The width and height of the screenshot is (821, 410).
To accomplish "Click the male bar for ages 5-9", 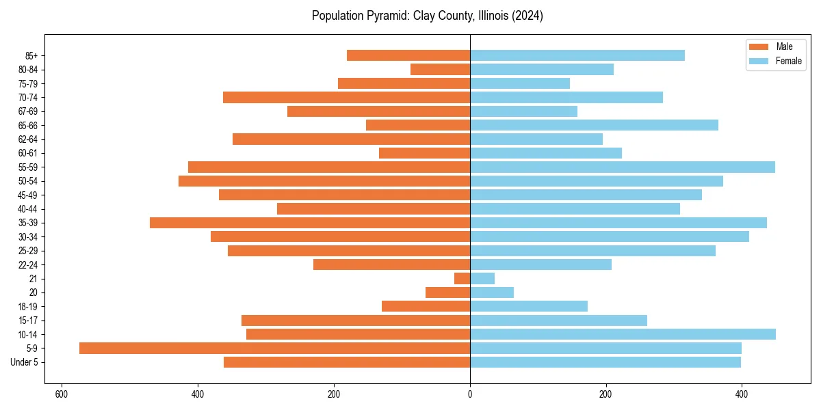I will [274, 348].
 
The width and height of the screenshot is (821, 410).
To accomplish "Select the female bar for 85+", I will [577, 55].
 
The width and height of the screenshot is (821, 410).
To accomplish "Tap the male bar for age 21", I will [462, 278].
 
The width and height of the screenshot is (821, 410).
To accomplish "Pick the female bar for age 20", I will [491, 292].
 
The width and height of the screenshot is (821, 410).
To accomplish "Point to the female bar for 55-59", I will [622, 167].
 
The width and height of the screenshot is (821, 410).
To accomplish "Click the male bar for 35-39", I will [310, 223].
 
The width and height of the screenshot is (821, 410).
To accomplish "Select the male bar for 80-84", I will [440, 69].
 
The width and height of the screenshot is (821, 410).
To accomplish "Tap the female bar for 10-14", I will [623, 334].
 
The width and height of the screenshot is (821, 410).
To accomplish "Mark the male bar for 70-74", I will [346, 97].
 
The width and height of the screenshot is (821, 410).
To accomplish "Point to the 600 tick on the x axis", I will [62, 394].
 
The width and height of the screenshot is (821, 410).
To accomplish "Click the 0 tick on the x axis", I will [470, 394].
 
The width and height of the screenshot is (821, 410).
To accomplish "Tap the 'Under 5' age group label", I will [24, 362].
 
